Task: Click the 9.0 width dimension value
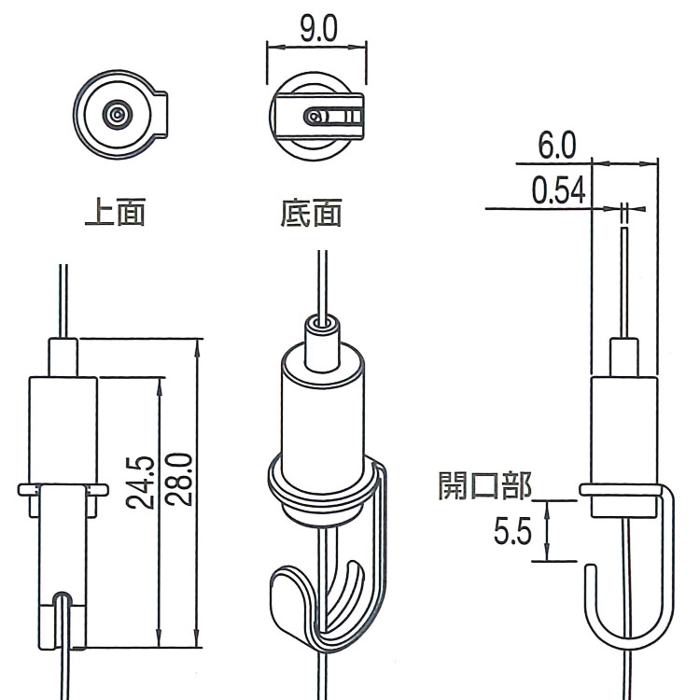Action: (317, 29)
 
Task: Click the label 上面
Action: (115, 214)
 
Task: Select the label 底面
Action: (311, 214)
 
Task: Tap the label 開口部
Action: (484, 485)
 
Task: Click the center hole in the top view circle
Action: (117, 115)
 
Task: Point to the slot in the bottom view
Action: (335, 117)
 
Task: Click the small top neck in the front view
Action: (63, 357)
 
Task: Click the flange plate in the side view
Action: (621, 488)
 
